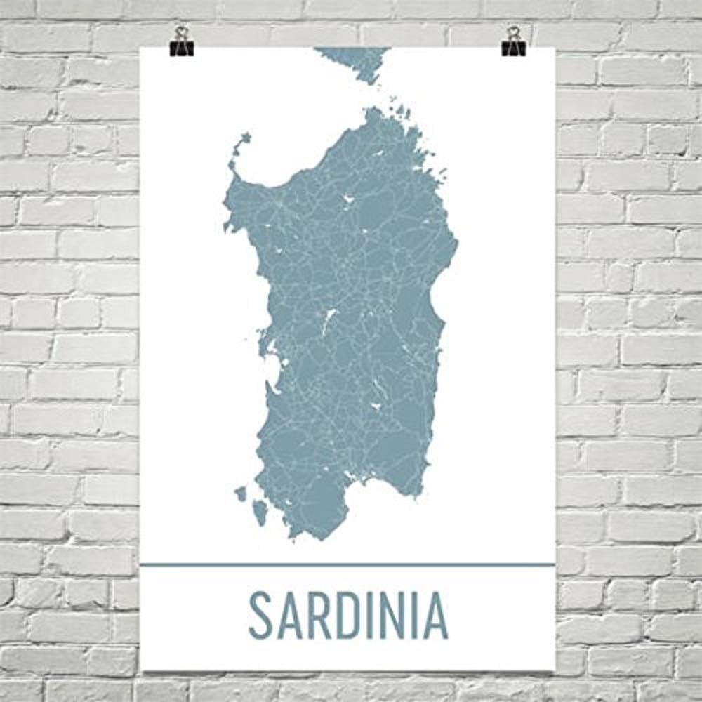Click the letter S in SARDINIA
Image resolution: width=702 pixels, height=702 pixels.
pyautogui.click(x=260, y=616)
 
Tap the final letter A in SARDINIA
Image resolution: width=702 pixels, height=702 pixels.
pyautogui.click(x=436, y=616)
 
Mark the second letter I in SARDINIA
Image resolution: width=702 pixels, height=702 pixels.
pyautogui.click(x=413, y=616)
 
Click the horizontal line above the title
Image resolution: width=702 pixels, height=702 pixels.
pyautogui.click(x=347, y=564)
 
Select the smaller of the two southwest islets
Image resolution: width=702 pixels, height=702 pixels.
pyautogui.click(x=241, y=494)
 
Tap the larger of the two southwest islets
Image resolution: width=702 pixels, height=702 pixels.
pyautogui.click(x=260, y=512)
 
